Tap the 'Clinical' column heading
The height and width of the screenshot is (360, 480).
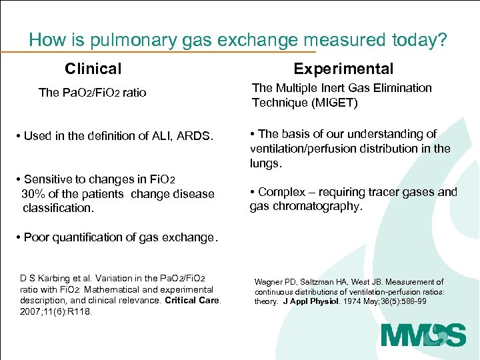[x=93, y=69]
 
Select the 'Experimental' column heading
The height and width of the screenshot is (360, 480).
[x=343, y=69]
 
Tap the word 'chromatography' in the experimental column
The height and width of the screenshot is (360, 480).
[x=321, y=207]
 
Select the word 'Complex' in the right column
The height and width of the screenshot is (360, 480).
[x=279, y=192]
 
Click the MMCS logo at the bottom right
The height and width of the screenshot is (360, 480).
[x=423, y=335]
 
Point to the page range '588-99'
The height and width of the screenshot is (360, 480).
[x=413, y=301]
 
